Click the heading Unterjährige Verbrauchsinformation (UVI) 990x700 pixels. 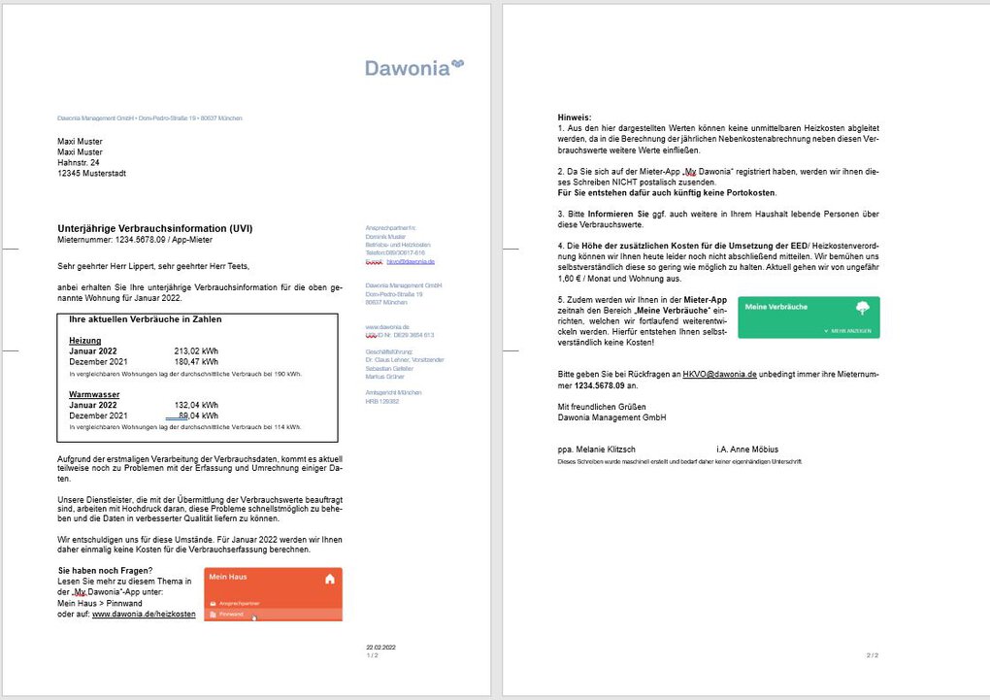point(155,228)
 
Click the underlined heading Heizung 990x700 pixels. point(84,341)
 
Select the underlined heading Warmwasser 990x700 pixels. point(94,395)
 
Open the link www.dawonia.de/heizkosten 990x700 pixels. point(144,614)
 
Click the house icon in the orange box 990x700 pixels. point(330,579)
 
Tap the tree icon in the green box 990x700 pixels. point(862,308)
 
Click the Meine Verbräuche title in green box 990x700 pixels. point(775,307)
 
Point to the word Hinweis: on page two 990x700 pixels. point(575,117)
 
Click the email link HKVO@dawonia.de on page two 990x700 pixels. point(719,373)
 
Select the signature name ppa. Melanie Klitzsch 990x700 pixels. point(596,450)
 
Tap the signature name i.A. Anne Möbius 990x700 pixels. point(747,450)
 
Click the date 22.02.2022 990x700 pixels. point(381,647)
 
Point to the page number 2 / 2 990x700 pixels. point(871,655)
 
